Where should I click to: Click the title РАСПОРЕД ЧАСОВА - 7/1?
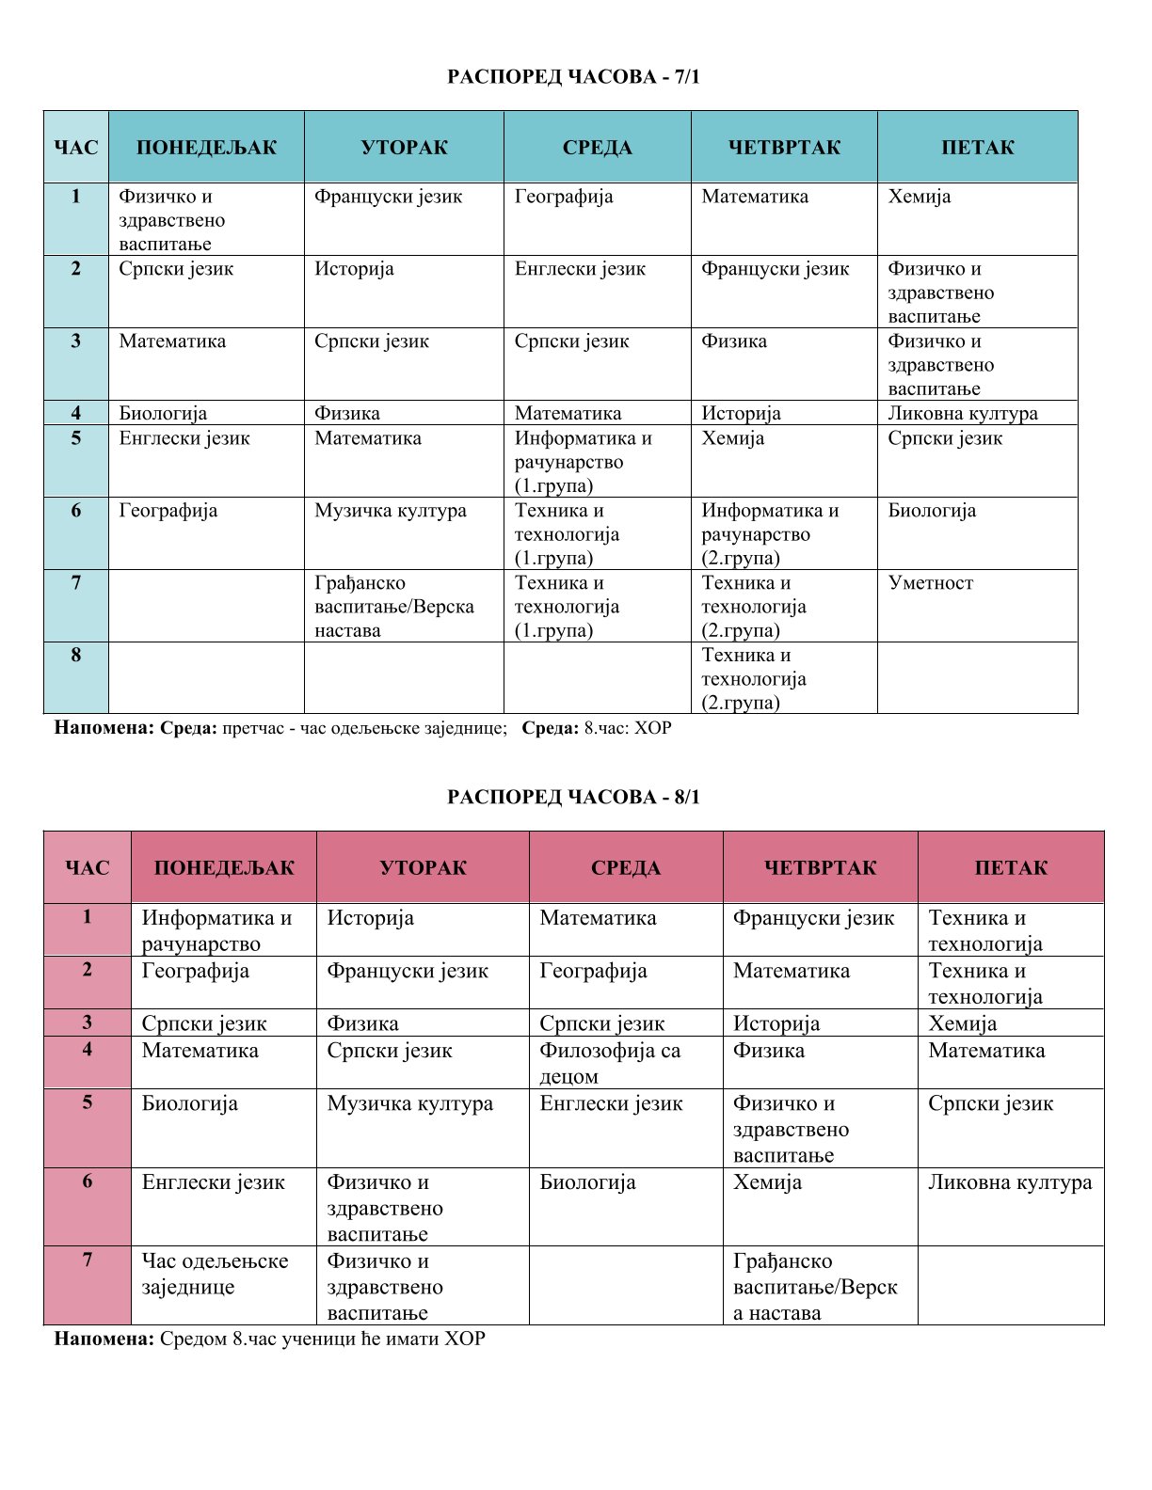point(574,76)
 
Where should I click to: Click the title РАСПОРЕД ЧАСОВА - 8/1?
point(574,798)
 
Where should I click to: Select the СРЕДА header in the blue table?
point(597,148)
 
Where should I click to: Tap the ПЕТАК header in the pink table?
point(1010,868)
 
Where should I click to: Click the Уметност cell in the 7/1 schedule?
point(930,583)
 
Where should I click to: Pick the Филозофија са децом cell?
point(609,1063)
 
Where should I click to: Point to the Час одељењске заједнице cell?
point(215,1274)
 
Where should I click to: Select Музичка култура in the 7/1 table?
point(391,511)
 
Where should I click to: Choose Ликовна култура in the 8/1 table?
point(1009,1182)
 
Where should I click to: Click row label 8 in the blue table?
point(76,655)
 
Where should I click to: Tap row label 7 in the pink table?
point(88,1260)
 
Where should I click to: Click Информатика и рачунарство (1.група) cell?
point(583,462)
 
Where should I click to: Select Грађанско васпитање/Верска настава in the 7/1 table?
point(393,607)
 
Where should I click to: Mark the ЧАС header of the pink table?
point(88,868)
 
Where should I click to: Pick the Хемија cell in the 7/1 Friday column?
point(919,197)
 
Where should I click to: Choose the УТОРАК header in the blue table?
point(404,148)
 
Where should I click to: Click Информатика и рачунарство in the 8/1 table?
point(216,930)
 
